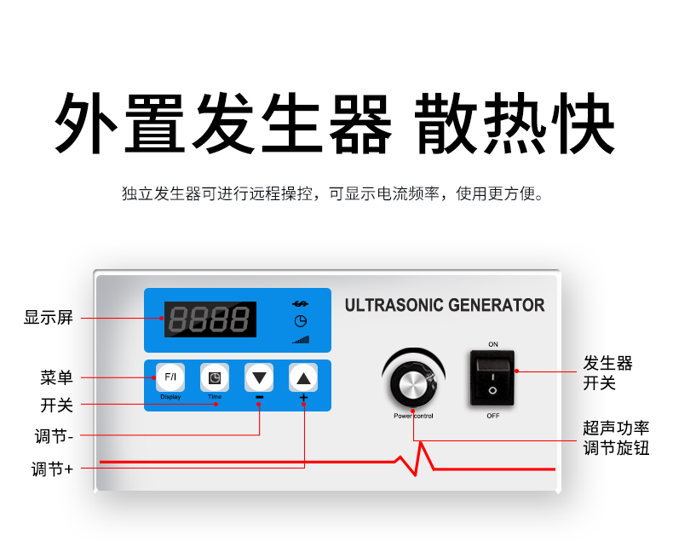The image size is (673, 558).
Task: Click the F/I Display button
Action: [170, 377]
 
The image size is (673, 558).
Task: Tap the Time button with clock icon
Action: [215, 377]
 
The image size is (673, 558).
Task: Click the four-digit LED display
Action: [210, 319]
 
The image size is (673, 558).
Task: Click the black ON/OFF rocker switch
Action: [492, 378]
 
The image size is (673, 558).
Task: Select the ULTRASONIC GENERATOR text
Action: [445, 305]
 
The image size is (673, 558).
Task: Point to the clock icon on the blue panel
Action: [301, 321]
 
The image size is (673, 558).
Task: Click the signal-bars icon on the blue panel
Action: [301, 340]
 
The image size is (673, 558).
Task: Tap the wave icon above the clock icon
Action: [301, 304]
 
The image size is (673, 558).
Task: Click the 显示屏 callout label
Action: [49, 318]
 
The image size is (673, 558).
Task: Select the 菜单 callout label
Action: [57, 377]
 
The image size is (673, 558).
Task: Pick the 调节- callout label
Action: [54, 436]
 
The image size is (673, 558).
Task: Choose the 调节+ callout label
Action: [52, 469]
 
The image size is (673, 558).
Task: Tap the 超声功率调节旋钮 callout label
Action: [616, 438]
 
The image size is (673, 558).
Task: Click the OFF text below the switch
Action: [492, 416]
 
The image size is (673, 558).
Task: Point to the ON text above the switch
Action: [493, 344]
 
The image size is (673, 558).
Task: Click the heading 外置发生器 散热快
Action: [335, 123]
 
